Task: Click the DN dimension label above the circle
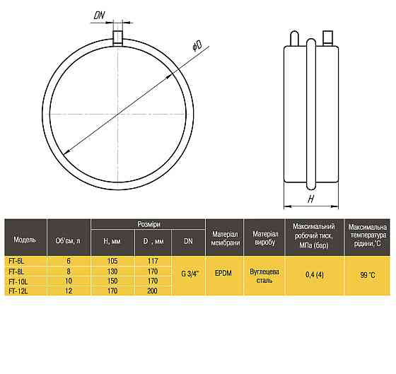(99, 15)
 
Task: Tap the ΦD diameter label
(197, 45)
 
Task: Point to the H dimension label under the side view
(311, 199)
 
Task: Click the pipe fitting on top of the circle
(117, 37)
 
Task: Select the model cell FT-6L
(16, 261)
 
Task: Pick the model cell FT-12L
(18, 291)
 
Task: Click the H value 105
(112, 261)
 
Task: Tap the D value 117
(153, 261)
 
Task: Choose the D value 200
(152, 291)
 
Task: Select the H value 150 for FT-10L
(112, 281)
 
